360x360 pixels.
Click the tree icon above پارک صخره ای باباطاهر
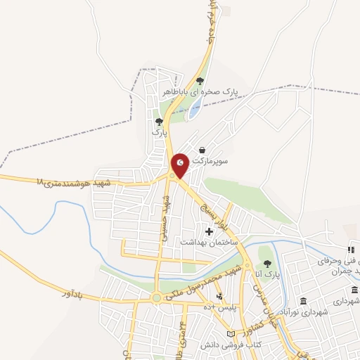pos(200,81)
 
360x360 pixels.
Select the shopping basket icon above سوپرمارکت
pos(202,150)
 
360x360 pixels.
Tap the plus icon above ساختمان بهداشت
pos(209,231)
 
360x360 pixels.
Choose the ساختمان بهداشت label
pos(210,241)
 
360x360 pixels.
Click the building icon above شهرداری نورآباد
pos(354,290)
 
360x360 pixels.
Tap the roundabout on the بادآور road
pos(155,299)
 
